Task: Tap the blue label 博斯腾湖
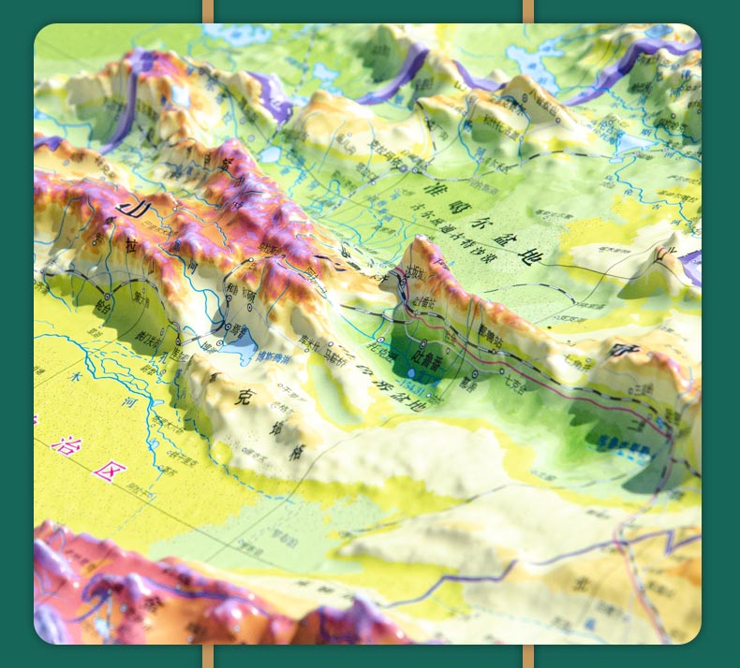(x=275, y=356)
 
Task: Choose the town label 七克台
(x=516, y=382)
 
